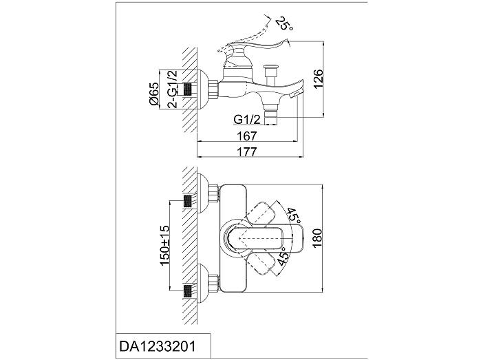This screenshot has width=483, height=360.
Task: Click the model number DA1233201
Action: tap(157, 346)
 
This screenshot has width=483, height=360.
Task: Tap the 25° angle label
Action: tap(284, 23)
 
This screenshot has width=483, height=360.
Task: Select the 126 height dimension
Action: tap(318, 79)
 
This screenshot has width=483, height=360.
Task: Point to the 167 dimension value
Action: tap(247, 136)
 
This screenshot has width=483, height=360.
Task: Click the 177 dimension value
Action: tap(247, 151)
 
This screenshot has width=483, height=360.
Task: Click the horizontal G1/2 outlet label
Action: tap(247, 119)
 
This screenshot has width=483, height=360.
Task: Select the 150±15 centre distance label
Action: tap(164, 245)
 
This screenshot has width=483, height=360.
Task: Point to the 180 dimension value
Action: tap(317, 237)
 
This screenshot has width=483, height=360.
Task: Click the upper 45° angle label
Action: tap(294, 216)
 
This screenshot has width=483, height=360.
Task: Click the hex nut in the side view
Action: tap(213, 89)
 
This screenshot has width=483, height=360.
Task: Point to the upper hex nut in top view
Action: tap(213, 194)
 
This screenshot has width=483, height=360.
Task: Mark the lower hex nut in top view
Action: tap(213, 282)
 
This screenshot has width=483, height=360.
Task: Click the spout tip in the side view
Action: tap(297, 92)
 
